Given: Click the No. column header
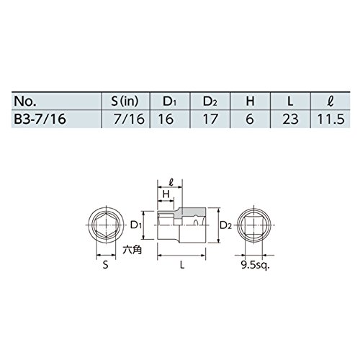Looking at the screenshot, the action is coord(25,102).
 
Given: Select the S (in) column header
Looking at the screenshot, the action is coord(125,102).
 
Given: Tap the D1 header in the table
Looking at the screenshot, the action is coord(170,102).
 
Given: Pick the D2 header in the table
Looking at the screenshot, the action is coord(210,102).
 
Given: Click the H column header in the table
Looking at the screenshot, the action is coord(250,102).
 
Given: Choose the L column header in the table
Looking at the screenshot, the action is coord(290,102).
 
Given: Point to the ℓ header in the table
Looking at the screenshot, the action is coord(330,102).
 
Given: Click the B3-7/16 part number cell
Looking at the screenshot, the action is coord(40,119).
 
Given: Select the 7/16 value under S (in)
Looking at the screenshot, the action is coord(129,119).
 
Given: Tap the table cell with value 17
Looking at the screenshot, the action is coord(210,119).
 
